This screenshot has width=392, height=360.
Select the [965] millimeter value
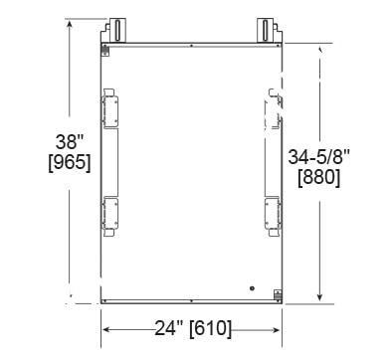(x=70, y=163)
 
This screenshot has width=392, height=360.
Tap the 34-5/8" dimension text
(x=318, y=157)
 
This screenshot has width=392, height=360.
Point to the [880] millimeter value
(x=318, y=178)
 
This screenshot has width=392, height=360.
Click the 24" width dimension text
(x=169, y=328)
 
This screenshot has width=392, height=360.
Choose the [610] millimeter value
(x=210, y=329)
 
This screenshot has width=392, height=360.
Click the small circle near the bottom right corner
(x=252, y=288)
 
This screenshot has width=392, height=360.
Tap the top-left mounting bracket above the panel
(x=113, y=31)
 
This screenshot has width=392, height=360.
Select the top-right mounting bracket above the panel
(x=270, y=31)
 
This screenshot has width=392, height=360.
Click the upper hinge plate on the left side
(x=109, y=108)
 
